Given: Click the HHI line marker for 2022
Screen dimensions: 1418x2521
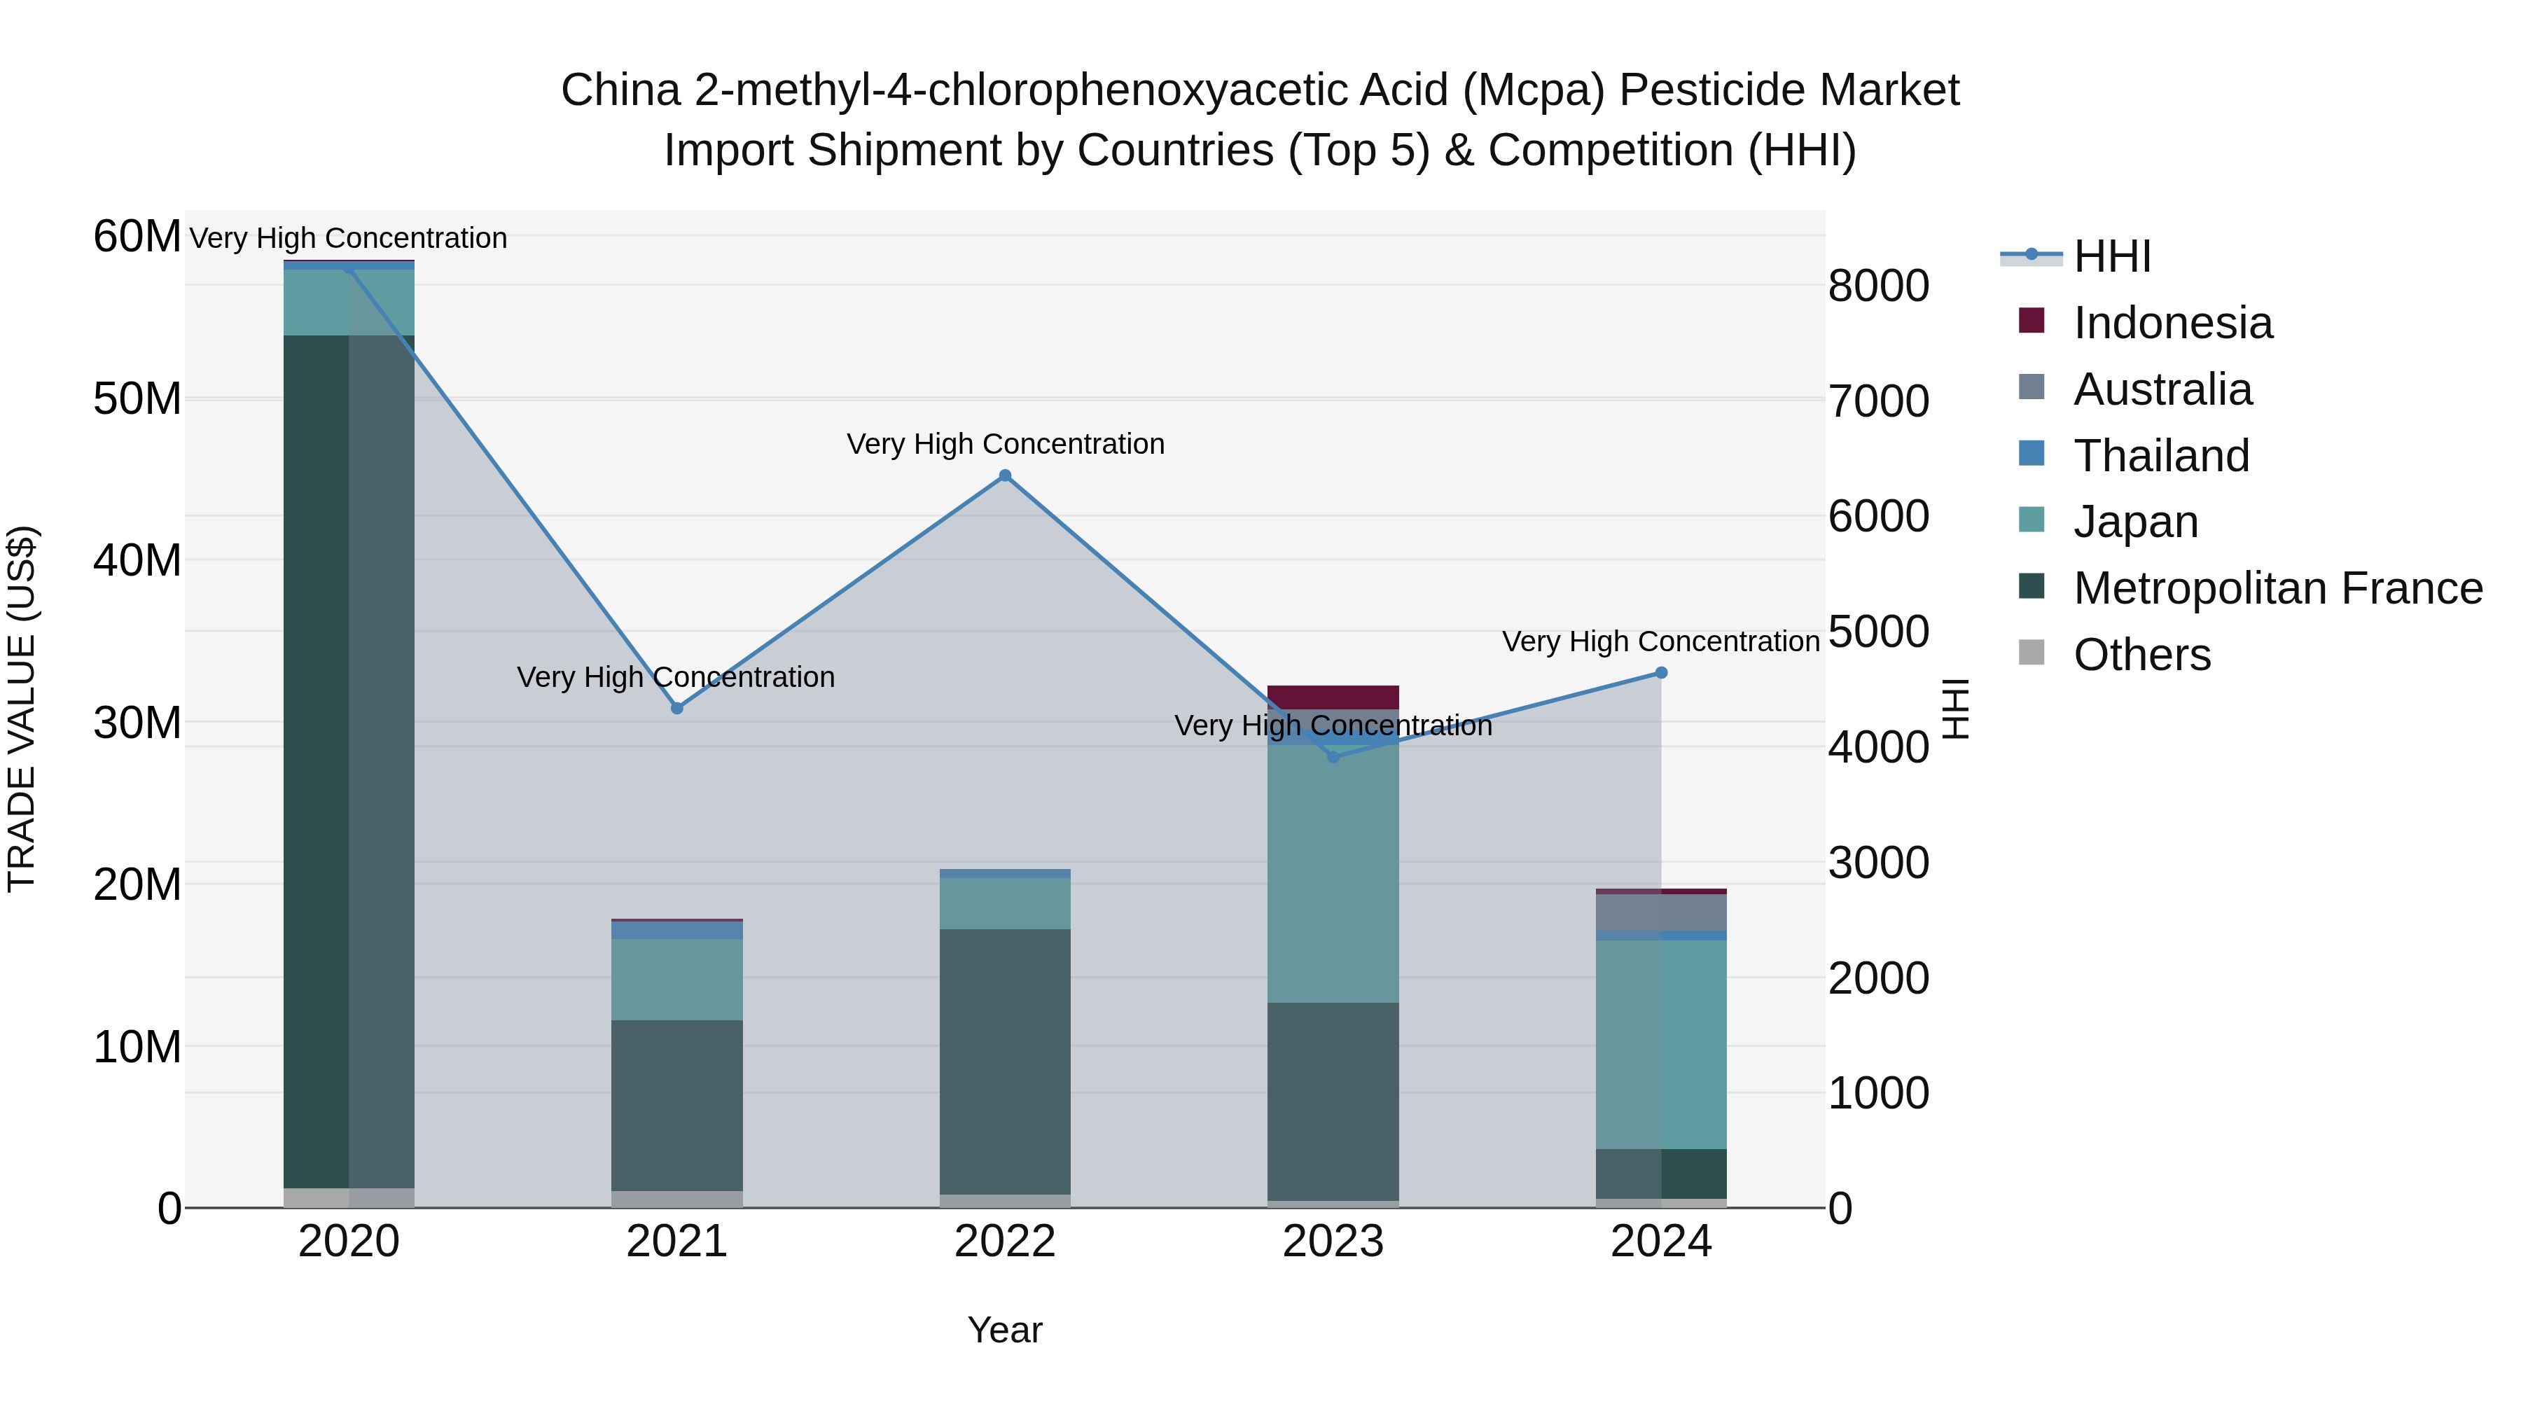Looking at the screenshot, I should click(x=1004, y=475).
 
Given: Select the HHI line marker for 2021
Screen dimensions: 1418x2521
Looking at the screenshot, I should click(x=676, y=707).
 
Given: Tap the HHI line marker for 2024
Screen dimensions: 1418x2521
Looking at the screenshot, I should click(x=1661, y=672).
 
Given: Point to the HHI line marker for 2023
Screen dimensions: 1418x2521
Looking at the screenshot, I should click(x=1333, y=756).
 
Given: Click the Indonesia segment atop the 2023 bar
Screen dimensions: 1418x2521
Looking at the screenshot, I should click(x=1333, y=697).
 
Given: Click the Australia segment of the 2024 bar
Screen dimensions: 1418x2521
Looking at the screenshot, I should click(x=1661, y=912).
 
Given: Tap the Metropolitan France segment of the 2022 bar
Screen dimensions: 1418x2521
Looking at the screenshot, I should click(x=1004, y=1062).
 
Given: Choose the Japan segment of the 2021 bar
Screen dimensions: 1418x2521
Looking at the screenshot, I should click(x=676, y=980).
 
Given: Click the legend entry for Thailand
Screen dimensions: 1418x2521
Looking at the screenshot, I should click(x=2161, y=456).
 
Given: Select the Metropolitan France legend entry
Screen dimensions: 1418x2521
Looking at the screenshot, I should click(x=2277, y=588).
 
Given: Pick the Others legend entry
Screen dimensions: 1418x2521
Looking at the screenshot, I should click(x=2141, y=655).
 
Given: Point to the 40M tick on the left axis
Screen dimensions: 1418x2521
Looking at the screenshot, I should click(x=137, y=561).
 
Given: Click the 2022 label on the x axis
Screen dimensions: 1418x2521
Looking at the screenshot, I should click(x=1004, y=1242).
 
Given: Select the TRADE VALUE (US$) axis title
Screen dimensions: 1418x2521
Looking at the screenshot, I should click(x=22, y=709).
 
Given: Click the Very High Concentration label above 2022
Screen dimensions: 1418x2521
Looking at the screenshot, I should click(x=1005, y=443).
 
